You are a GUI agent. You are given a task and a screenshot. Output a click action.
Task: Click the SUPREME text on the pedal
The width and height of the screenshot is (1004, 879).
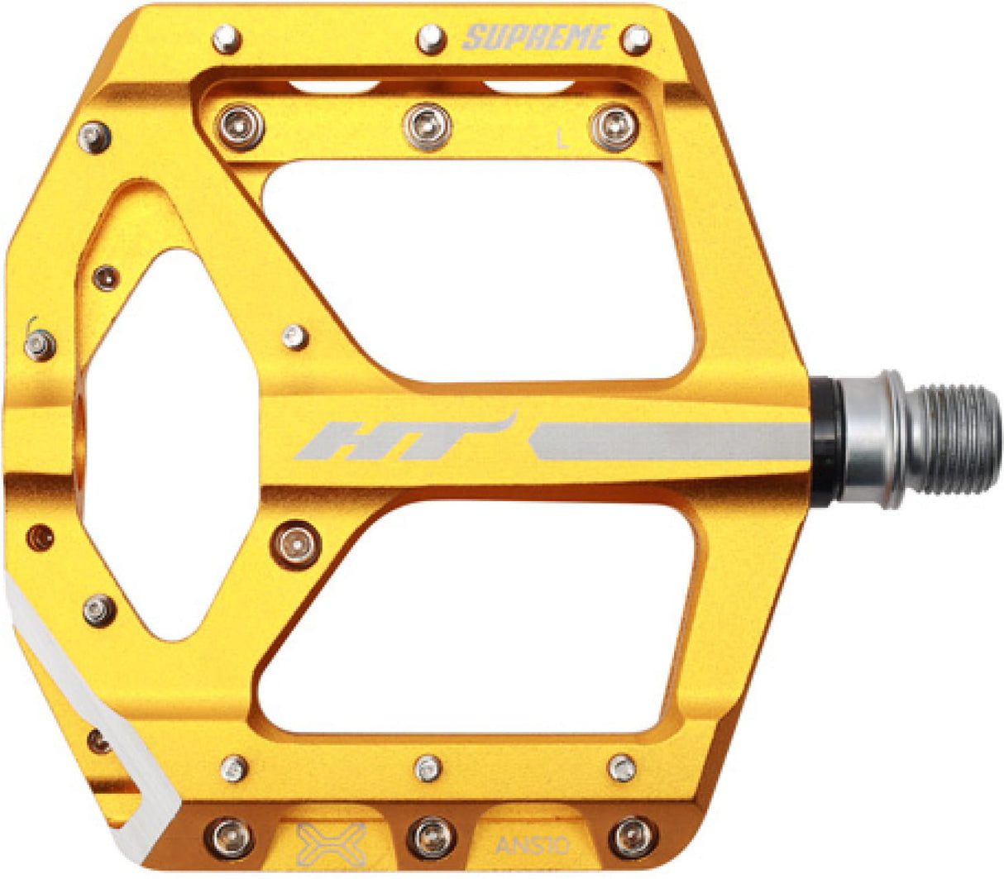point(536,38)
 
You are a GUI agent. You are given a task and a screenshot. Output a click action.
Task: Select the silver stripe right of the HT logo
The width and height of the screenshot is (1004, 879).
point(670,441)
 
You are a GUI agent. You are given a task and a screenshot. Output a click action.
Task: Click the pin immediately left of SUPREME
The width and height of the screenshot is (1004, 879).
point(431,39)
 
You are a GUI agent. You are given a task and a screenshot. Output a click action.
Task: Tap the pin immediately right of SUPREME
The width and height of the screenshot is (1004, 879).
point(636,38)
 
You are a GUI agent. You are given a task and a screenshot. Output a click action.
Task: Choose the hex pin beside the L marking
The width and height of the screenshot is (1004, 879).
point(614,127)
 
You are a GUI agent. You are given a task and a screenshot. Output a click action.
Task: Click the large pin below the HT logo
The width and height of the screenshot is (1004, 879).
point(295,544)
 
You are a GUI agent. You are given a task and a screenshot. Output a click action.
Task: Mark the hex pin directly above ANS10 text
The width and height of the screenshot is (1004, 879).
point(622,768)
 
